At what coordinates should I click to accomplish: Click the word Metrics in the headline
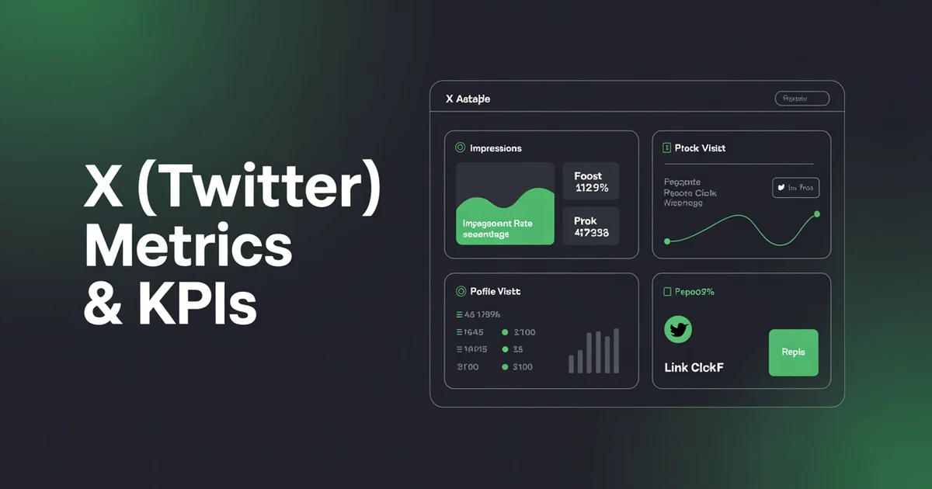tap(188, 248)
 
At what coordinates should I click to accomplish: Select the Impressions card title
tap(496, 148)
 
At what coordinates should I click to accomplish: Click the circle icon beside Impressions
tap(459, 147)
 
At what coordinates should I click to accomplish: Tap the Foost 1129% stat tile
tap(591, 182)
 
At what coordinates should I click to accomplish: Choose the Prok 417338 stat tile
tap(591, 227)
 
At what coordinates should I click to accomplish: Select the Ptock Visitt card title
tap(700, 148)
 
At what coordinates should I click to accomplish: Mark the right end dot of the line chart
tap(817, 213)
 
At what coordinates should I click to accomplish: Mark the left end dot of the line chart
tap(666, 241)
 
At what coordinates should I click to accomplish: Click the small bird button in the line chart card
tap(795, 188)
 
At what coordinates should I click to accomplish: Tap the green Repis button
tap(793, 352)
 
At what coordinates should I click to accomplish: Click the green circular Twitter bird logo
tap(678, 330)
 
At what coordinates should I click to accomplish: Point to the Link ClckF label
tap(694, 367)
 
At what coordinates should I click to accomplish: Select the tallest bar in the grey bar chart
tap(617, 351)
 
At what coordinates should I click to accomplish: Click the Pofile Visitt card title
tap(495, 292)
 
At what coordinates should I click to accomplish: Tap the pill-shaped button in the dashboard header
tap(802, 99)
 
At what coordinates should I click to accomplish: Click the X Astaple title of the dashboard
tap(468, 99)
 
